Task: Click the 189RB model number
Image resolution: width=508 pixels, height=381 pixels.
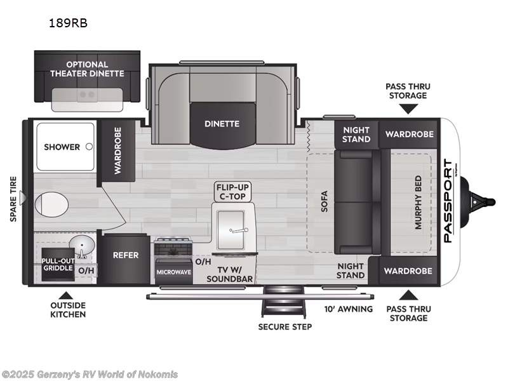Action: click(x=68, y=23)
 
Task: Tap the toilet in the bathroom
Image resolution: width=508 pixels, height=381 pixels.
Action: click(x=50, y=205)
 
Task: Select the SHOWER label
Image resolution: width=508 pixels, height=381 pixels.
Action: click(x=62, y=147)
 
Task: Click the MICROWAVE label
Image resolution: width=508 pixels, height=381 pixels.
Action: click(x=173, y=272)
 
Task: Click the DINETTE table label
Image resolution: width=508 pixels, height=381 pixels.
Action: click(x=222, y=124)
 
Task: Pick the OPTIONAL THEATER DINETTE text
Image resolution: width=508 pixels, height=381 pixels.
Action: click(x=87, y=69)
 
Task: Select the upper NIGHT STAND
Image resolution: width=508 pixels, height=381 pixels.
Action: click(x=356, y=134)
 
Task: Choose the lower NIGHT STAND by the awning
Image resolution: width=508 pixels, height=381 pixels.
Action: click(x=351, y=271)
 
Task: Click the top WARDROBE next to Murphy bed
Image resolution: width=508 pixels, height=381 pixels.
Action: click(x=409, y=134)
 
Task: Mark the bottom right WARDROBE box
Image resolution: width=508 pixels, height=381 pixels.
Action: click(x=409, y=271)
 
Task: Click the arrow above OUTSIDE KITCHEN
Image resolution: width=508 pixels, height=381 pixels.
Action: click(x=64, y=295)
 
